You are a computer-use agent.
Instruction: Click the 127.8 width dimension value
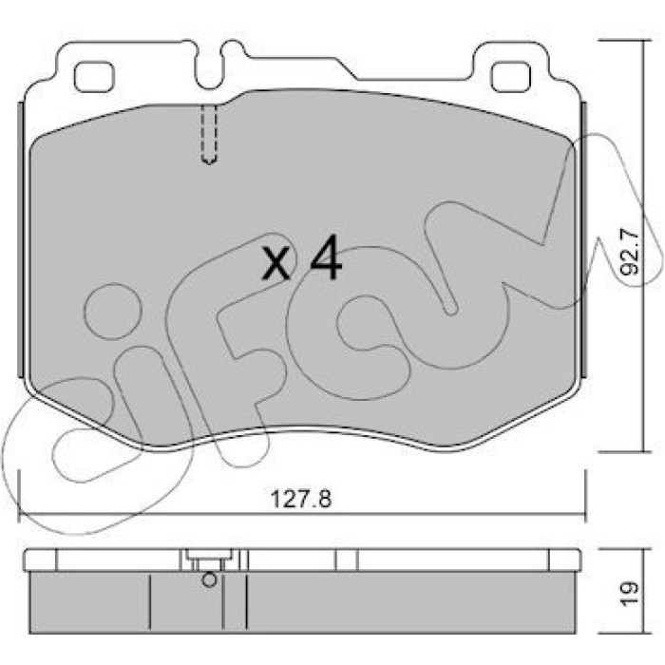tap(301, 499)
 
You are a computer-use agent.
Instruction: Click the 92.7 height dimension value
tap(629, 253)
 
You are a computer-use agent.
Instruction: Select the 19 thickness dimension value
tap(629, 589)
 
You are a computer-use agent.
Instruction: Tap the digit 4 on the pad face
tap(326, 257)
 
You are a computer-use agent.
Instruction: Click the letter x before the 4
tap(276, 264)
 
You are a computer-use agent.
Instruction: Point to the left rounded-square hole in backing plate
tap(94, 77)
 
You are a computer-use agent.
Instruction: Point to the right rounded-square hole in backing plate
tap(511, 77)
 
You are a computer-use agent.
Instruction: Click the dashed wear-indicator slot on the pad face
tap(209, 134)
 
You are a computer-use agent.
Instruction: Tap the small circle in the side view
tap(209, 579)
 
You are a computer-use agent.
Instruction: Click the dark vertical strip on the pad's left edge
tap(20, 239)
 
